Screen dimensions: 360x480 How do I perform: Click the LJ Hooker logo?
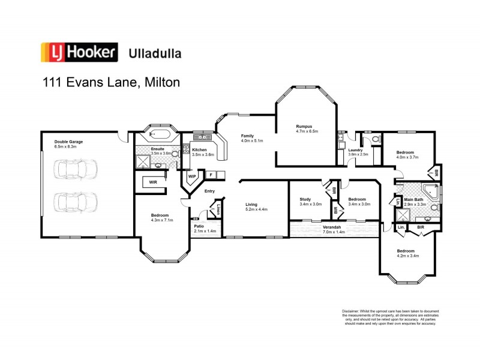point(78,52)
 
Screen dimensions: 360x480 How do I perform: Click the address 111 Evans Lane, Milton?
point(110,82)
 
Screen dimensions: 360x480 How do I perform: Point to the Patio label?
point(199,226)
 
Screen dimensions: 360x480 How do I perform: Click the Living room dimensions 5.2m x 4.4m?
point(256,209)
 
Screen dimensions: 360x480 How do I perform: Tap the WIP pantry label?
point(192,176)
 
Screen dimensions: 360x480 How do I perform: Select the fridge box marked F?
point(211,175)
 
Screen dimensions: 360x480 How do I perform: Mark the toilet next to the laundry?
point(374,139)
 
